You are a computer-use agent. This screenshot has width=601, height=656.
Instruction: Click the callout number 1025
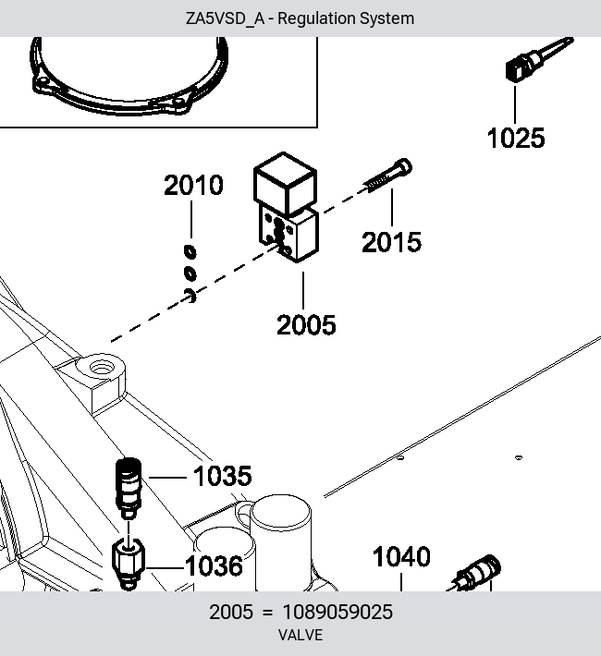click(516, 138)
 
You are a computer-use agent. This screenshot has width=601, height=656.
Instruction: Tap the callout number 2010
click(193, 185)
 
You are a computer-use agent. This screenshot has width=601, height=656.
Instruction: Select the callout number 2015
click(392, 242)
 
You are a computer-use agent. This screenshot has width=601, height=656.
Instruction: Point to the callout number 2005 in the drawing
click(306, 324)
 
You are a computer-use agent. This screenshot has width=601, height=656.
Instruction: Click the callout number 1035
click(223, 476)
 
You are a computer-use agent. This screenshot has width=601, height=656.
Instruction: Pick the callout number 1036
click(214, 566)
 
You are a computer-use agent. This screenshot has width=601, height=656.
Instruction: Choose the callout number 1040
click(401, 557)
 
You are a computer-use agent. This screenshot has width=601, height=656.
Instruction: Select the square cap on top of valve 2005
click(285, 183)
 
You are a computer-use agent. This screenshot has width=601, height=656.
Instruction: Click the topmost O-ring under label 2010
click(190, 251)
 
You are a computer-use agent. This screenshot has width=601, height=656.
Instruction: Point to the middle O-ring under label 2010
click(190, 273)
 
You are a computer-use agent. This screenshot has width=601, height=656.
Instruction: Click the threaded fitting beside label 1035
click(129, 488)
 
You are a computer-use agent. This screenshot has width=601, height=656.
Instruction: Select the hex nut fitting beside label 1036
click(129, 564)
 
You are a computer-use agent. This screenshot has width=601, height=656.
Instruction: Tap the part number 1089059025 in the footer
click(337, 612)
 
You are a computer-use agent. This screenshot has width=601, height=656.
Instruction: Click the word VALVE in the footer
click(300, 635)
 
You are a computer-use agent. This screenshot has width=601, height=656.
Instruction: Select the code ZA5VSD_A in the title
click(225, 18)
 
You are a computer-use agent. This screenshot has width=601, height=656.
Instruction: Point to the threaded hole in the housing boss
click(102, 369)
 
